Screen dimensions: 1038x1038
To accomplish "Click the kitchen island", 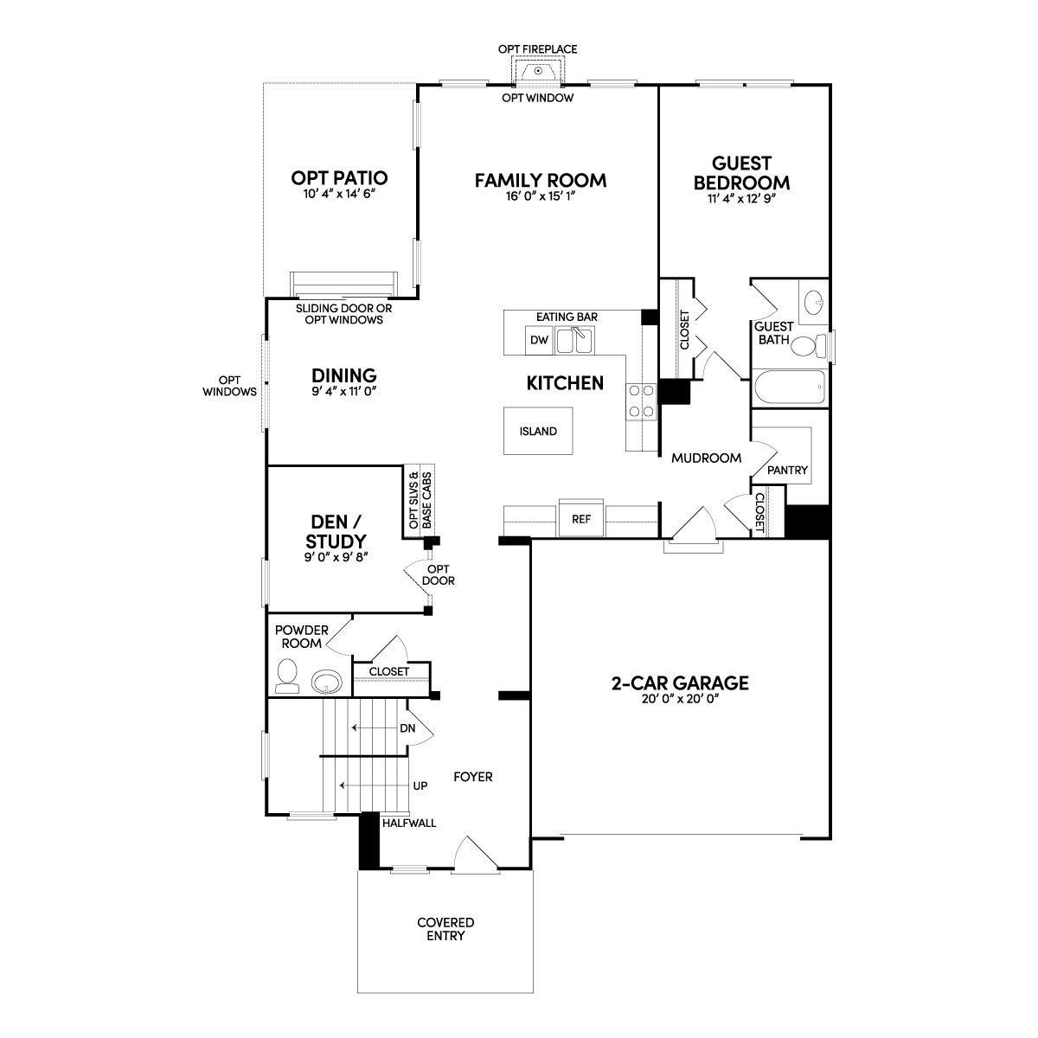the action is point(537,431).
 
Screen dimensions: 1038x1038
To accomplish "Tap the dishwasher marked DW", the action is point(539,340).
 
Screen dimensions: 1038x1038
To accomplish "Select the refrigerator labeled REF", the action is point(581,519).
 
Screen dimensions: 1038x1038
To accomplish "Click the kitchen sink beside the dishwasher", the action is point(574,341).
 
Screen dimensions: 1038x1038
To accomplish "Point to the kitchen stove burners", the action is point(641,401).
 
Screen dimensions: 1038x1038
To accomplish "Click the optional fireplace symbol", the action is point(538,71).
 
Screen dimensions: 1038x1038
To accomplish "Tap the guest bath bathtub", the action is point(789,387).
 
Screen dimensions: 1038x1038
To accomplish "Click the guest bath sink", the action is point(814,302).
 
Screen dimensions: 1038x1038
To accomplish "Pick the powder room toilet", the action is point(287,676).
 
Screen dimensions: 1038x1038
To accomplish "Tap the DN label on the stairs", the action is point(407,728).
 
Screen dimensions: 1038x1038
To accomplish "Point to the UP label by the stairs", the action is point(420,786).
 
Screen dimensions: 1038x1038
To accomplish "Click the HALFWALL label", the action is point(409,823).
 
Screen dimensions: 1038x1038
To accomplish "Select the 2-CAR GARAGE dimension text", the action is point(681,700).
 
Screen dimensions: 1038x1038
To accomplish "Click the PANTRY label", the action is point(787,471).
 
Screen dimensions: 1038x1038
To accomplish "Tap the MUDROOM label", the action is point(706,458).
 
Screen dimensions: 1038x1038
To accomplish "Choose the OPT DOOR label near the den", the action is point(439,574).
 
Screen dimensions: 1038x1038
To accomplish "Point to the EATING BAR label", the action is point(567,317).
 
